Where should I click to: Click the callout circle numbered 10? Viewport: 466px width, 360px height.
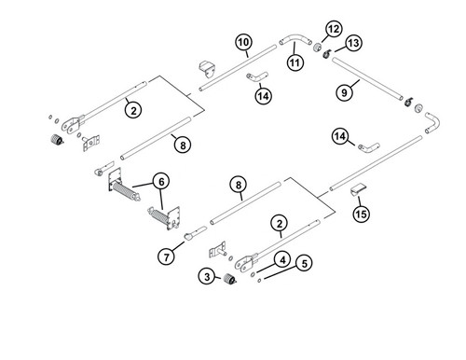(244, 42)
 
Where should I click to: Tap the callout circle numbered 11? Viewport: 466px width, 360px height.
(295, 62)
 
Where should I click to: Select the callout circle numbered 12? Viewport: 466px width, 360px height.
(334, 29)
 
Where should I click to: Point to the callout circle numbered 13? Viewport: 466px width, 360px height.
(353, 43)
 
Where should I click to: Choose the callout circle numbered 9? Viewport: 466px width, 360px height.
(344, 92)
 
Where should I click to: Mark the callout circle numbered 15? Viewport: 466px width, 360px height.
(361, 214)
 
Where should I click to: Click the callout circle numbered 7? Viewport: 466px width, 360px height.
(167, 257)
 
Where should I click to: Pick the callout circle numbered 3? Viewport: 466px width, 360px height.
(207, 276)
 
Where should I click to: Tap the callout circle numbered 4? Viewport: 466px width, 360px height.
(282, 260)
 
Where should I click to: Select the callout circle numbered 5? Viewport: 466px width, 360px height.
(304, 263)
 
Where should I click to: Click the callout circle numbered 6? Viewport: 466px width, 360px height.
(161, 182)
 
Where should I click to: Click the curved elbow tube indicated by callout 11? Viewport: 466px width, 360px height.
(295, 39)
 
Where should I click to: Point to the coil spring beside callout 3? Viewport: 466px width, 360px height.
(230, 279)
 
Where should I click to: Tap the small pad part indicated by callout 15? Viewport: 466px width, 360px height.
(359, 189)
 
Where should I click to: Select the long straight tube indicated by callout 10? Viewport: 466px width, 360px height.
(238, 68)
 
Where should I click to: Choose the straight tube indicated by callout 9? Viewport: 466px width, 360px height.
(367, 78)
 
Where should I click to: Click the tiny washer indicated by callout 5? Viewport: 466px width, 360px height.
(259, 281)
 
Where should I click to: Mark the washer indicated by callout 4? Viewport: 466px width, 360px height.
(253, 274)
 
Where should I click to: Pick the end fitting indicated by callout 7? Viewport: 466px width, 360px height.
(195, 233)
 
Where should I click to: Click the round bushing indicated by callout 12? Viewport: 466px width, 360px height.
(317, 48)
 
